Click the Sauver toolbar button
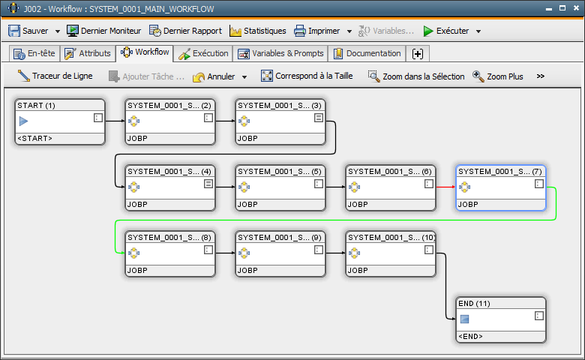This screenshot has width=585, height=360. pyautogui.click(x=28, y=31)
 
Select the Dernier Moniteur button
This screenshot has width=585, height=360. pyautogui.click(x=103, y=31)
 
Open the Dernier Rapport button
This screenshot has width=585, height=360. pyautogui.click(x=185, y=31)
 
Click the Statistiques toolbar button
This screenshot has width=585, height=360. pyautogui.click(x=258, y=31)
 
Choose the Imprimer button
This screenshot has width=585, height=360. pyautogui.click(x=316, y=31)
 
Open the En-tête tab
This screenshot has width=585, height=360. pyautogui.click(x=34, y=53)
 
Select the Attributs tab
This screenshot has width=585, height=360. pyautogui.click(x=88, y=53)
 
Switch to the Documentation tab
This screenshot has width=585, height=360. pyautogui.click(x=367, y=53)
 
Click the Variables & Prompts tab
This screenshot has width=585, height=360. pyautogui.click(x=280, y=53)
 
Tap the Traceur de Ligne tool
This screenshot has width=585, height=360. pyautogui.click(x=55, y=76)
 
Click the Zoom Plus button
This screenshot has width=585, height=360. pyautogui.click(x=498, y=76)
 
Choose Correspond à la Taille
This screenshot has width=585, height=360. pyautogui.click(x=307, y=76)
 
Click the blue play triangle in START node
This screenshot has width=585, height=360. pyautogui.click(x=23, y=121)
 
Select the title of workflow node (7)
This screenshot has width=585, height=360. pyautogui.click(x=500, y=172)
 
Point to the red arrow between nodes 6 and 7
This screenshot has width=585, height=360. pyautogui.click(x=445, y=187)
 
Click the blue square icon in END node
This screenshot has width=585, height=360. pyautogui.click(x=464, y=319)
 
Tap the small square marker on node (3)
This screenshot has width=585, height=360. pyautogui.click(x=319, y=118)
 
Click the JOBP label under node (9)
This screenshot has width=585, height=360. pyautogui.click(x=247, y=271)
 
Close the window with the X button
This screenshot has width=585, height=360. pyautogui.click(x=576, y=7)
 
